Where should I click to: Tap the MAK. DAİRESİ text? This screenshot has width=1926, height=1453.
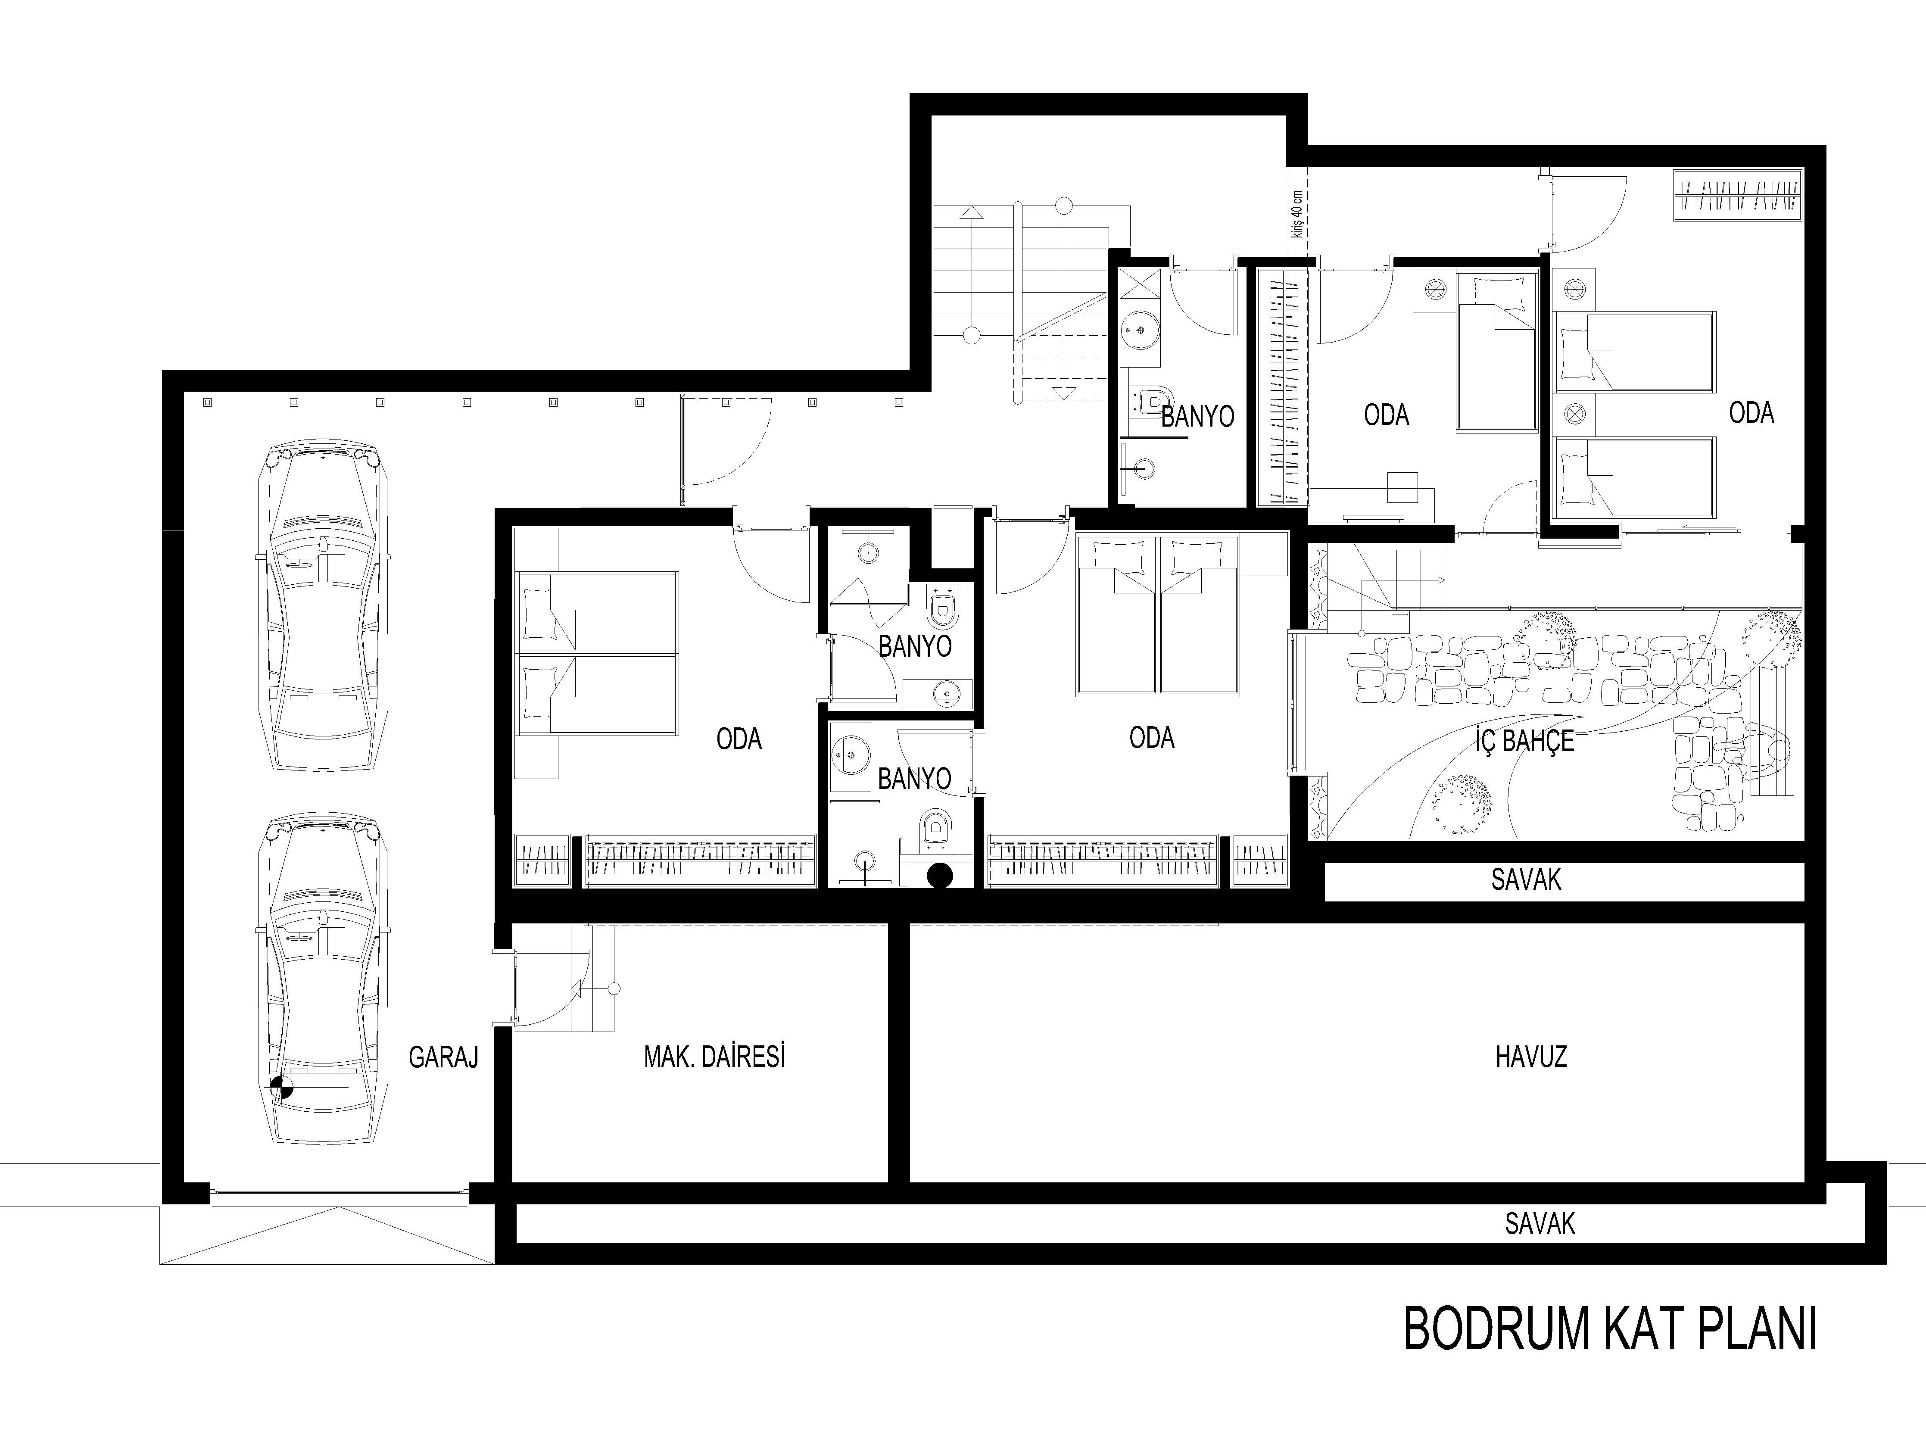[714, 1057]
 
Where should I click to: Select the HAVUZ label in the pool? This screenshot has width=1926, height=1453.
[1531, 1057]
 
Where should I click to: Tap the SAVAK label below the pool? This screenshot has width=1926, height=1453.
[1540, 1224]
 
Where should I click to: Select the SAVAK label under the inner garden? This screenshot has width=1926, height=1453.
[1525, 880]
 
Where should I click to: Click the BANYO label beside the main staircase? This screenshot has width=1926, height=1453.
[1197, 417]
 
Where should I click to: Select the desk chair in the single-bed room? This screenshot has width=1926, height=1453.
[1401, 487]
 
